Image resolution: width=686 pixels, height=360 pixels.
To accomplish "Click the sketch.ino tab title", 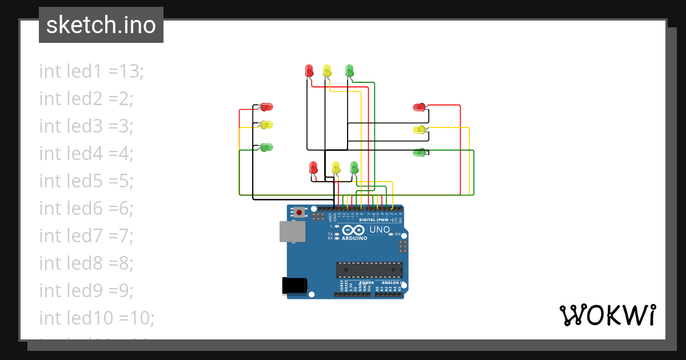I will click(101, 25).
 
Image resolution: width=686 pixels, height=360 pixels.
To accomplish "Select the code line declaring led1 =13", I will click(91, 71).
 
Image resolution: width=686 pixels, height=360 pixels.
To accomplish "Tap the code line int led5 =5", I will click(86, 181).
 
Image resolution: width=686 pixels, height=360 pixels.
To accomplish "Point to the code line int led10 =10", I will click(97, 318).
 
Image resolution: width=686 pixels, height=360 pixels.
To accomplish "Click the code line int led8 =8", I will click(86, 263).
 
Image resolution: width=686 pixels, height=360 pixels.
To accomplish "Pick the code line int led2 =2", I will click(86, 99).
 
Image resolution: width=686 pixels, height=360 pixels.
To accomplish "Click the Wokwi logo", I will click(607, 315).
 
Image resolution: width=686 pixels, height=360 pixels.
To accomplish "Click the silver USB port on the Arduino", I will click(292, 231).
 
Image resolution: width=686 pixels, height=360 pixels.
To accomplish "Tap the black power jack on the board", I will click(295, 286).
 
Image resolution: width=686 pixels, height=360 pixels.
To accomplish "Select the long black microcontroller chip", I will click(369, 270).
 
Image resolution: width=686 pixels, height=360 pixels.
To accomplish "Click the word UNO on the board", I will click(380, 230).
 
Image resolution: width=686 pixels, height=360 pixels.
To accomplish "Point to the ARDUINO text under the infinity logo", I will click(355, 238).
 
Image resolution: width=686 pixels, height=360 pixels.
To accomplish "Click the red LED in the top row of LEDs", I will click(309, 70).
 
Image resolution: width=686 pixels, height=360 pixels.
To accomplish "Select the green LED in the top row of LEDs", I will click(349, 70).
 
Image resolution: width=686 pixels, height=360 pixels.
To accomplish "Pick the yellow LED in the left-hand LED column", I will click(266, 125).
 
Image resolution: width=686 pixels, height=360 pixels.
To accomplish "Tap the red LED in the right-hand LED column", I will click(420, 107).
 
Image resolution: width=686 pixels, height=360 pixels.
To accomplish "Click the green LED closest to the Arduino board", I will click(354, 167).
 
